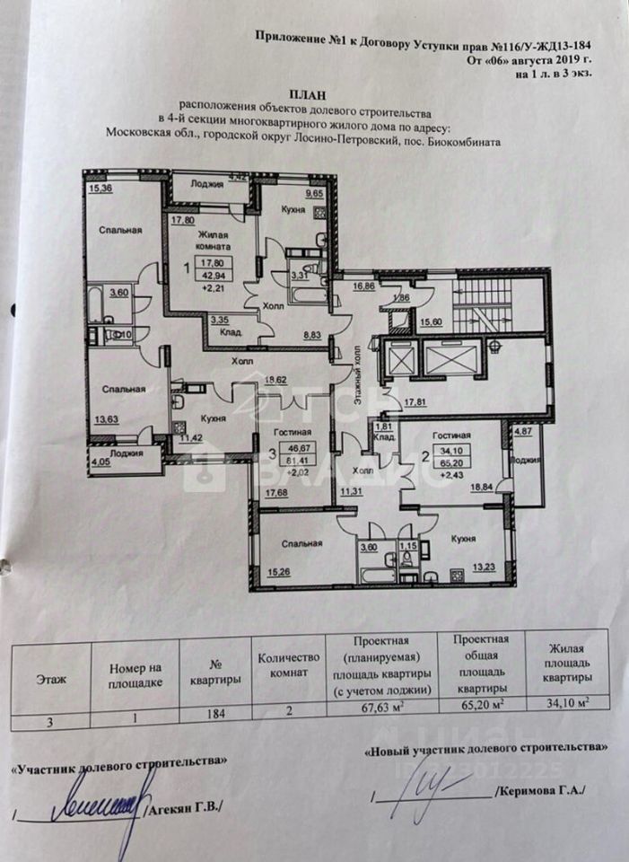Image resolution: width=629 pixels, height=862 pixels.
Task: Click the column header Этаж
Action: tap(50, 680)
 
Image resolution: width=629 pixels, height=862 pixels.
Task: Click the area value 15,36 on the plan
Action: tap(99, 188)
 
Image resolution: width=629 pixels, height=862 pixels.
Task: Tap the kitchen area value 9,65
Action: tap(314, 193)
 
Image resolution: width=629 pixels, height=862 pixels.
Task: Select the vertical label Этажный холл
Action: tap(356, 372)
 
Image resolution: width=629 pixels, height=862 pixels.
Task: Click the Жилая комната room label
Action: tap(213, 240)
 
